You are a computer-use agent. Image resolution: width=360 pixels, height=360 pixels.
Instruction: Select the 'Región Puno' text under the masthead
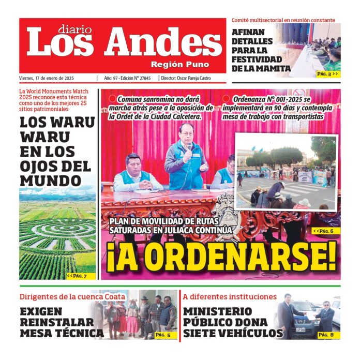tap(180, 65)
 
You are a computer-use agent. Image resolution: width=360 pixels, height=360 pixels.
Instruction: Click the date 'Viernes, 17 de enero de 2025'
tap(47, 78)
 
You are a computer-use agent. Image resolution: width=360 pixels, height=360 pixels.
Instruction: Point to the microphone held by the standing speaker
tap(189, 147)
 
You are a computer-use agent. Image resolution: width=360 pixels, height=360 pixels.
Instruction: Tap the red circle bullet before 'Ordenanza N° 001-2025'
tap(226, 99)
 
